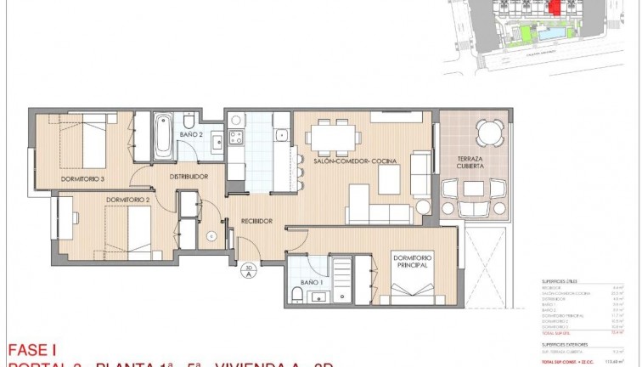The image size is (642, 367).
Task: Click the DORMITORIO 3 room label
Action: [83, 178]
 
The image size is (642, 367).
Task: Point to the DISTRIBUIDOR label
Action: [189, 177]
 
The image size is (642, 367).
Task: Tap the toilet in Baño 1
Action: [296, 294]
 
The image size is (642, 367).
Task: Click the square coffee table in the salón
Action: [389, 178]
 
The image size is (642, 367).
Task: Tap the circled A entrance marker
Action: [249, 271]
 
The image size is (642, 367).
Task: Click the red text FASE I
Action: [32, 349]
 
